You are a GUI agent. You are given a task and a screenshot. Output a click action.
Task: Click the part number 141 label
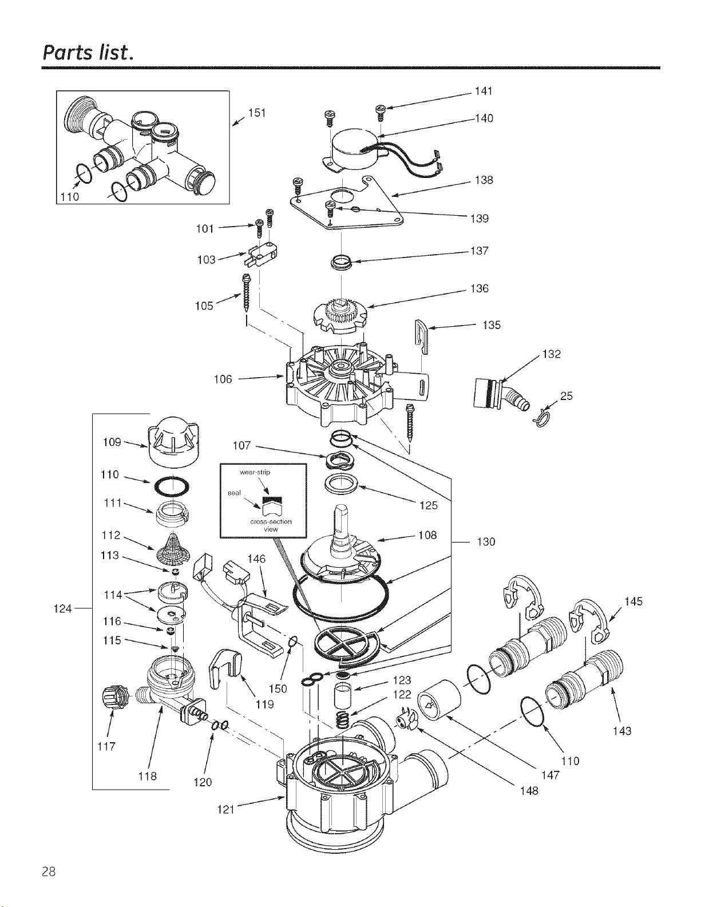484,91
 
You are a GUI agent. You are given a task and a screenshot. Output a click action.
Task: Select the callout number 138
484,180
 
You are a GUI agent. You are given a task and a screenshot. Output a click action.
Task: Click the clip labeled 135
421,336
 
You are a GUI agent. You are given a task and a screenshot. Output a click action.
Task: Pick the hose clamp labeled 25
542,419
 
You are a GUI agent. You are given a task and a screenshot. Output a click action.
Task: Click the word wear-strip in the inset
255,472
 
